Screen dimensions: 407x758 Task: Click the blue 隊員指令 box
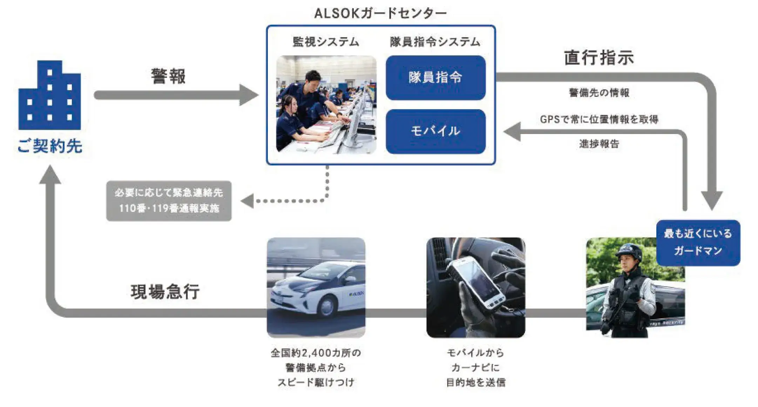(435, 78)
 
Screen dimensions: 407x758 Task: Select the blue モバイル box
(435, 131)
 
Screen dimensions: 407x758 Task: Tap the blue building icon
(50, 95)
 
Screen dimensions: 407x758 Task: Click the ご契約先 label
(50, 146)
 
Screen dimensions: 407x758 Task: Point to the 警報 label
(168, 76)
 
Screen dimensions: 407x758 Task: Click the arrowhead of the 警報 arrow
(249, 95)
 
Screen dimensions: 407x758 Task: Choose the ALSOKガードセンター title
(380, 13)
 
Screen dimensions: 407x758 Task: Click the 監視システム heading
(326, 42)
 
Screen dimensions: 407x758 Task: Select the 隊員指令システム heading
(435, 42)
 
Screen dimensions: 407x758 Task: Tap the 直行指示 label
(599, 58)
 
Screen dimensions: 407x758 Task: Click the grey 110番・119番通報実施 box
(169, 201)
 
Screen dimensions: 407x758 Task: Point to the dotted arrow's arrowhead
(247, 201)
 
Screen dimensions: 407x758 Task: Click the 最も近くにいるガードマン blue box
(698, 242)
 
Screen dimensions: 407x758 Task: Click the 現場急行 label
(165, 292)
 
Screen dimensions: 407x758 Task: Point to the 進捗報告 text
(599, 144)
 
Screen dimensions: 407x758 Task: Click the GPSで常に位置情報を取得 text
(599, 119)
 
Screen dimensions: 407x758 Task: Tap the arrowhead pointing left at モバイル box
(512, 132)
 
